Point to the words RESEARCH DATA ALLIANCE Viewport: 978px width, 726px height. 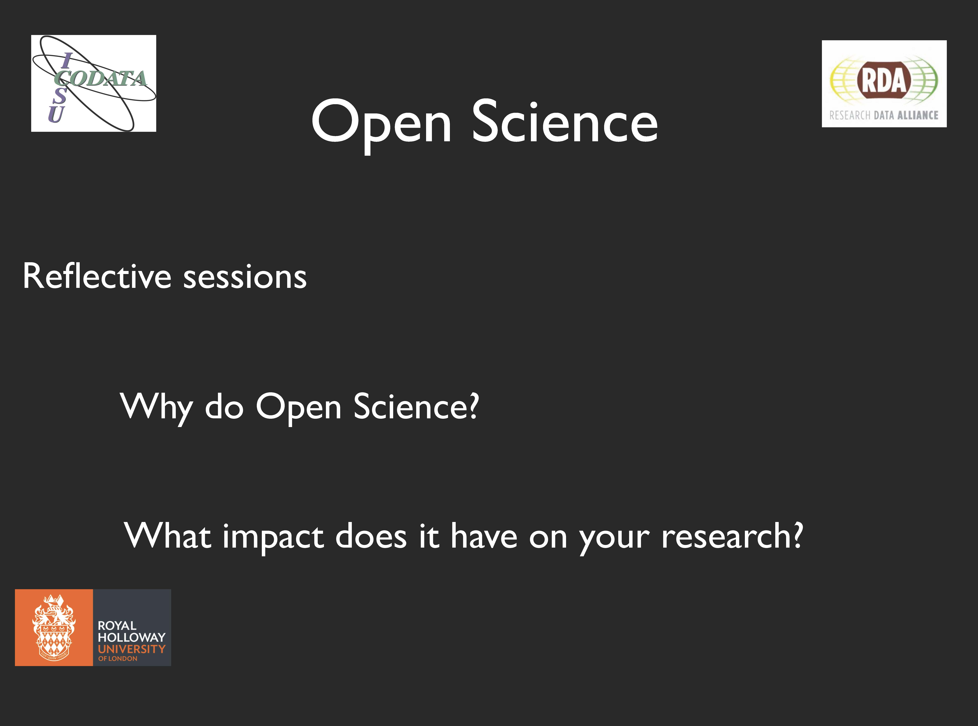[884, 115]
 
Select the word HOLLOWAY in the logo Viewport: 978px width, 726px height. [132, 637]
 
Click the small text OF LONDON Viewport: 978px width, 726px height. [118, 659]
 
